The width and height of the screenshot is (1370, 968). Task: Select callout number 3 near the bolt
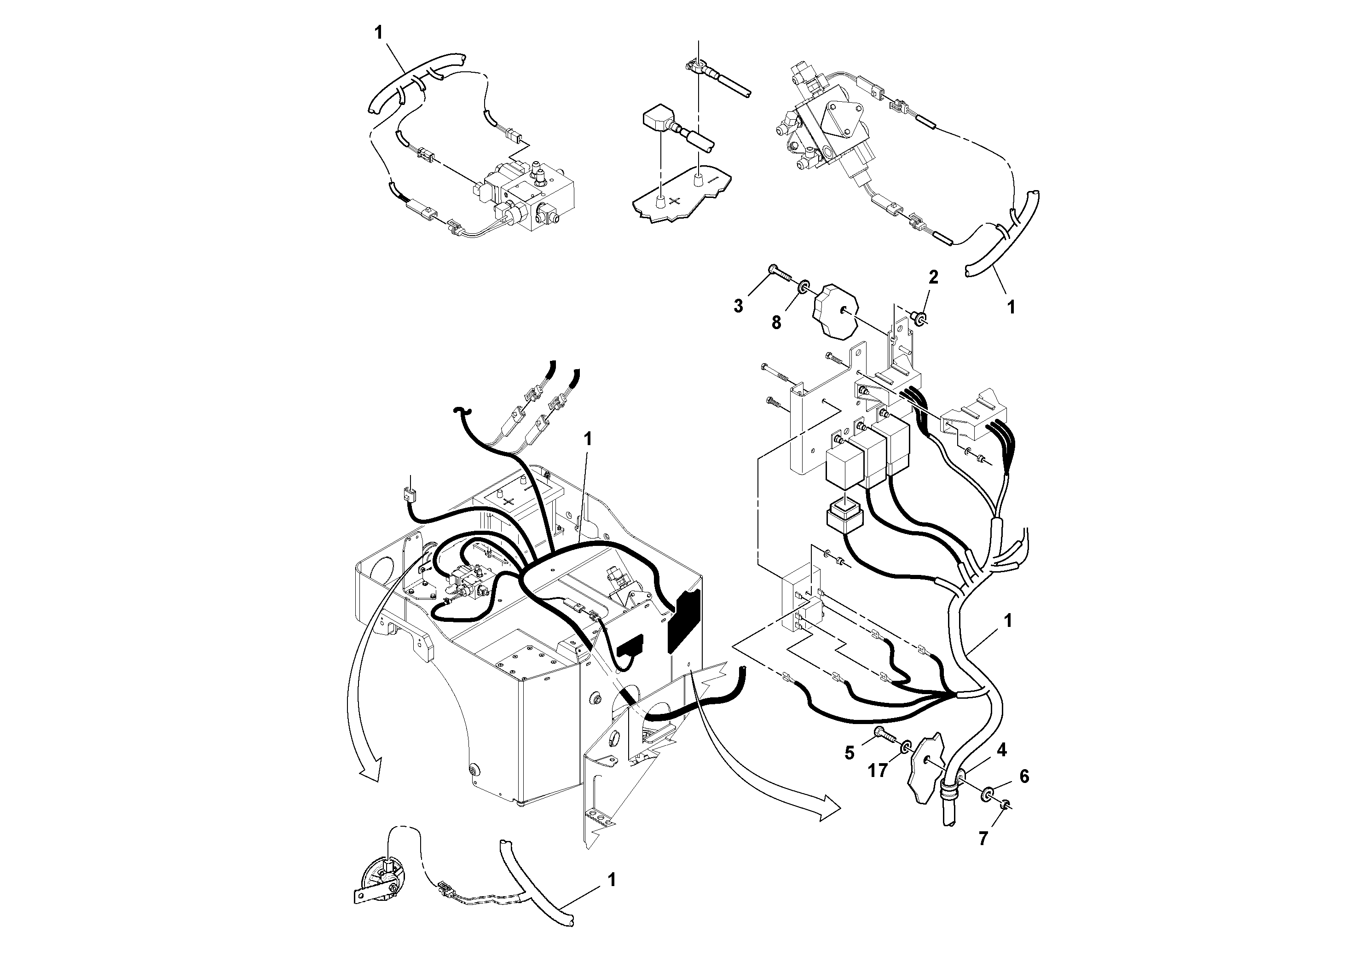(x=739, y=307)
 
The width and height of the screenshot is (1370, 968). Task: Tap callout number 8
(x=776, y=323)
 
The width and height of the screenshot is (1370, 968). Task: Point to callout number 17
(x=878, y=771)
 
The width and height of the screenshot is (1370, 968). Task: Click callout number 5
(x=850, y=753)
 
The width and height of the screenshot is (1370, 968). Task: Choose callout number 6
(x=1024, y=777)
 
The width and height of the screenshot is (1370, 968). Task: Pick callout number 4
(x=1002, y=750)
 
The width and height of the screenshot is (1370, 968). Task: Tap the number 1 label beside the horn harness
(x=611, y=880)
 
